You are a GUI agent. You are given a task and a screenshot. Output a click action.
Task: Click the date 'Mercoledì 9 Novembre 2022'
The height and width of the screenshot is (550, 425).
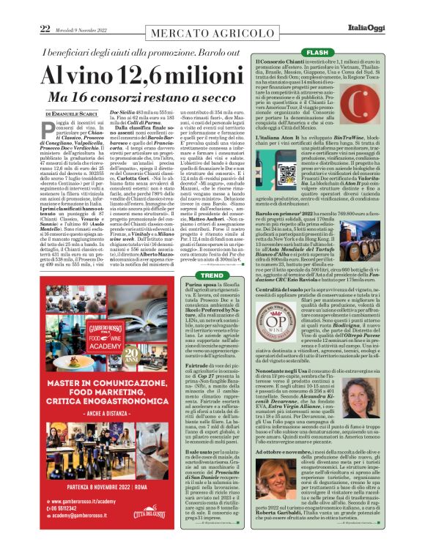80,29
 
